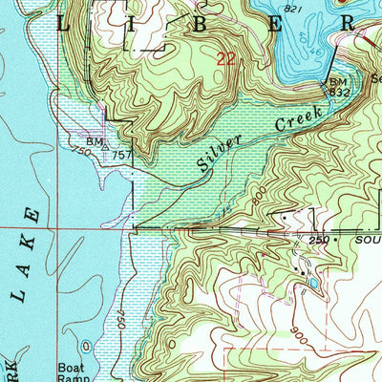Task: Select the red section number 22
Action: tap(226, 59)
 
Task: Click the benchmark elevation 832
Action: tap(336, 93)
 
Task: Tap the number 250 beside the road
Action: tap(318, 239)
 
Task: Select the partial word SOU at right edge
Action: tap(363, 239)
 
